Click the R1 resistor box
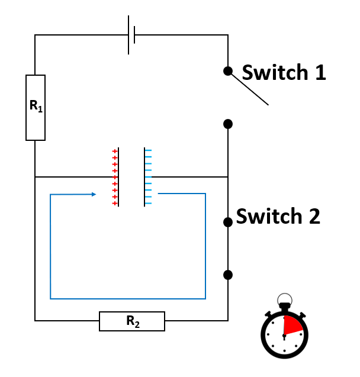(36, 108)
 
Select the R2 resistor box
(131, 321)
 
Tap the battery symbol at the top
(131, 35)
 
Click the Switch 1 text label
(284, 73)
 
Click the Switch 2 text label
(278, 217)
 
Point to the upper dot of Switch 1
(228, 71)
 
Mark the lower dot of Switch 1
(228, 124)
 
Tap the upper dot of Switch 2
(228, 222)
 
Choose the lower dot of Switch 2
(228, 275)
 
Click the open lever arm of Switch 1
(249, 89)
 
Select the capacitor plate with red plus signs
(119, 177)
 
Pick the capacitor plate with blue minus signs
(144, 177)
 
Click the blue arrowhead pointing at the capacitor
(94, 194)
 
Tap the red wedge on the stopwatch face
(293, 326)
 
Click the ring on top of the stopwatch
(285, 299)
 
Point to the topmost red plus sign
(115, 152)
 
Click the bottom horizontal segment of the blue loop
(128, 298)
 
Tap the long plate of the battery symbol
(128, 35)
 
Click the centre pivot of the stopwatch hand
(285, 336)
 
